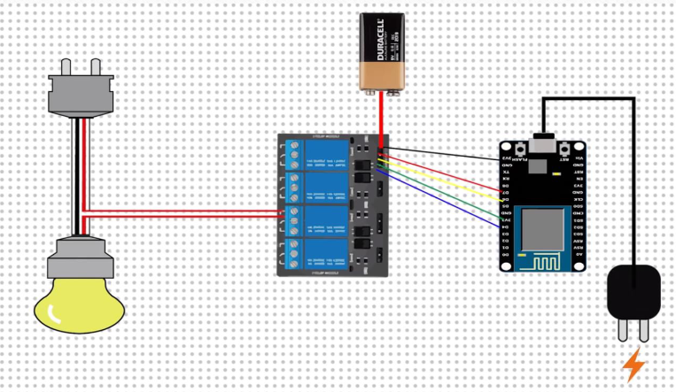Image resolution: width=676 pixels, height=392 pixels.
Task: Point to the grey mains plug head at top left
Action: pos(82,94)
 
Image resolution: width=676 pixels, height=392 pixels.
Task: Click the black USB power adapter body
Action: pos(633,293)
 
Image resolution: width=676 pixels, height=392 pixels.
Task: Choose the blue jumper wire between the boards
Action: pos(443,201)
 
